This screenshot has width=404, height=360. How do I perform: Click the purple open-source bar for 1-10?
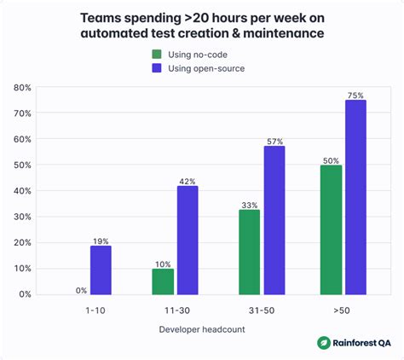(x=101, y=270)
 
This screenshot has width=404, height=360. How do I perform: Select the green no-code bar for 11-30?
(x=163, y=281)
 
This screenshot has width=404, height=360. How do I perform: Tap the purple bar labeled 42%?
(x=188, y=240)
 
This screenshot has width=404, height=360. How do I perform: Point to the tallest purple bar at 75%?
(x=356, y=197)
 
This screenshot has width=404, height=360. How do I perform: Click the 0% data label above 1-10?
(x=81, y=290)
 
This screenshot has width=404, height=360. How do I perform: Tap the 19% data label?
(x=101, y=241)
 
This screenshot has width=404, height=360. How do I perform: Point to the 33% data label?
(x=249, y=205)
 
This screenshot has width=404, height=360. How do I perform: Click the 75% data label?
(x=356, y=96)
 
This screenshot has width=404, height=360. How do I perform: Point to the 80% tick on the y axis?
(x=22, y=87)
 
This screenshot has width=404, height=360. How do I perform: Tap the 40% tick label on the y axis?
(x=22, y=191)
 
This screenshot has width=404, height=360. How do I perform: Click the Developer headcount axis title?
(x=203, y=329)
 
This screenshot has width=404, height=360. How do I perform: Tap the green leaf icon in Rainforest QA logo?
(x=324, y=343)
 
